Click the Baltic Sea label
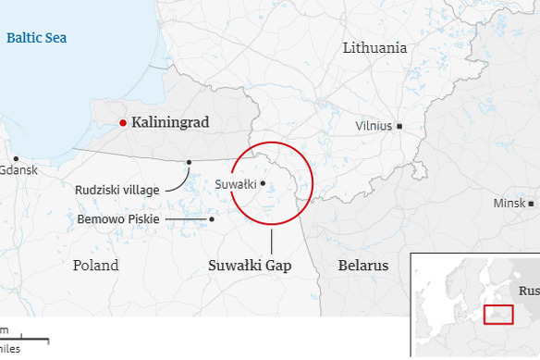(x=36, y=38)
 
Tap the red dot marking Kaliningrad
(x=122, y=122)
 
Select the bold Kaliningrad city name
(x=170, y=122)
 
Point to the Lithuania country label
(x=374, y=48)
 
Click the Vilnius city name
(x=374, y=126)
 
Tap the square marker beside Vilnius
(x=399, y=126)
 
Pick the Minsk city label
(x=509, y=204)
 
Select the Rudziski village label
(x=117, y=190)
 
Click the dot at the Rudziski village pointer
(x=189, y=162)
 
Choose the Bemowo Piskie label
(x=118, y=219)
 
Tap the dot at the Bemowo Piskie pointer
(x=212, y=219)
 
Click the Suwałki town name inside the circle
(x=235, y=184)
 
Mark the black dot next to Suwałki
(x=263, y=183)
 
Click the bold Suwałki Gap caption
(x=249, y=266)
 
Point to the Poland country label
(x=95, y=266)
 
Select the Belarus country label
(x=363, y=266)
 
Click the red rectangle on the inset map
(x=497, y=314)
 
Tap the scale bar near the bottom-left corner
(x=24, y=340)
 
